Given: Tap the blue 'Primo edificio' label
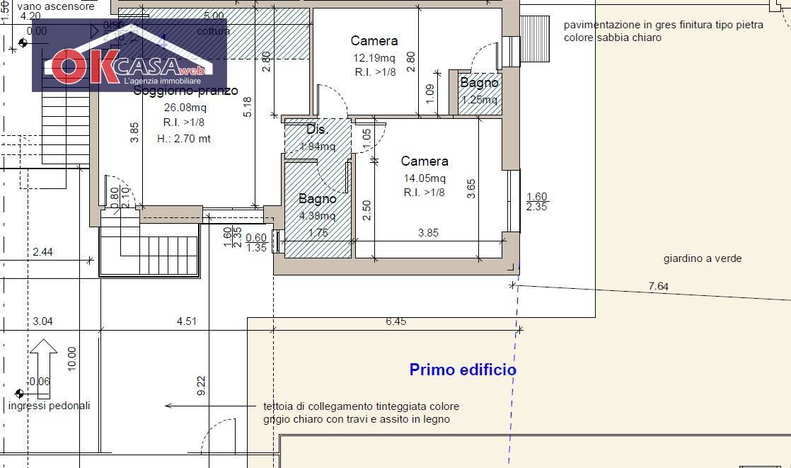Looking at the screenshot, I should (463, 370).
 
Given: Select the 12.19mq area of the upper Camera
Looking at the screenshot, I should (374, 58).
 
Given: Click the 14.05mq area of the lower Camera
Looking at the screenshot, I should (425, 178).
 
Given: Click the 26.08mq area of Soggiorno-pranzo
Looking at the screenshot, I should (185, 108).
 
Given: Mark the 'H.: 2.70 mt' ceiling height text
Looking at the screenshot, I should (184, 139).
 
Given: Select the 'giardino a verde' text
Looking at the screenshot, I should (703, 258).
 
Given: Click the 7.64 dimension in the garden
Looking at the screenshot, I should (658, 286).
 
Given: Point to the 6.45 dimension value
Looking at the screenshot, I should (396, 321).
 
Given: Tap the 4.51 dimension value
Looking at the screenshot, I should (187, 321).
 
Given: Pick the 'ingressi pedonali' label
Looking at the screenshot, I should (50, 406).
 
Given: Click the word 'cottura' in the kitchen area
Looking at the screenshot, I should (213, 31).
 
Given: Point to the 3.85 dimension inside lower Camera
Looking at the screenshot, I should (429, 232).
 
